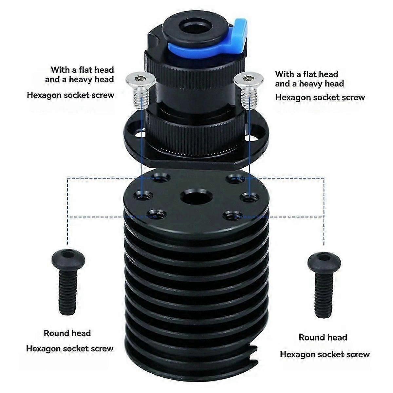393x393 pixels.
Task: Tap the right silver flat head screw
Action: pyautogui.click(x=248, y=90)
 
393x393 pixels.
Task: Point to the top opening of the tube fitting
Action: pyautogui.click(x=194, y=28)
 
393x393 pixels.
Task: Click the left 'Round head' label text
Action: pyautogui.click(x=67, y=333)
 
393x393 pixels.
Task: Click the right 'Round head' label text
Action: pyautogui.click(x=323, y=337)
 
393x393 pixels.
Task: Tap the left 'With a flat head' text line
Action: pyautogui.click(x=83, y=70)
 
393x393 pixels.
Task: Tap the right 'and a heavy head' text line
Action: pyautogui.click(x=309, y=84)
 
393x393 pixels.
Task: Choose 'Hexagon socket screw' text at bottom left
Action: pyautogui.click(x=70, y=348)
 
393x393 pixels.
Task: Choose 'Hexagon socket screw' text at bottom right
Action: pyautogui.click(x=325, y=354)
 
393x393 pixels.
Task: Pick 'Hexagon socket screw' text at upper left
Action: pyautogui.click(x=70, y=95)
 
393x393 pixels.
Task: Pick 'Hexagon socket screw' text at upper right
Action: pyautogui.click(x=320, y=98)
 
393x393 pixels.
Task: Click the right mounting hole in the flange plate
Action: pyautogui.click(x=251, y=138)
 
